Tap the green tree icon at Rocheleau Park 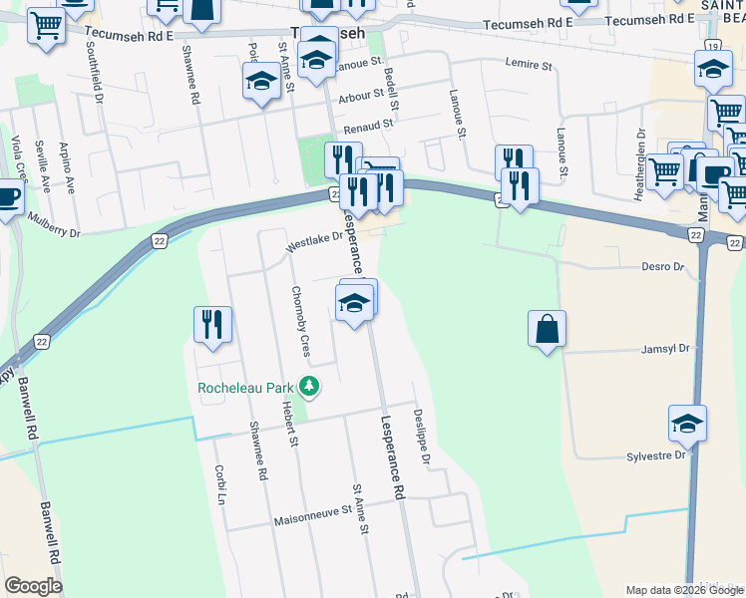[x=310, y=386]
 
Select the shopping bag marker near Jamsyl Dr [x=548, y=330]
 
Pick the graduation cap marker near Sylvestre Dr [x=687, y=425]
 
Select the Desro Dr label [x=663, y=267]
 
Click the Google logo [x=33, y=586]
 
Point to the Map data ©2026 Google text [x=683, y=590]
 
